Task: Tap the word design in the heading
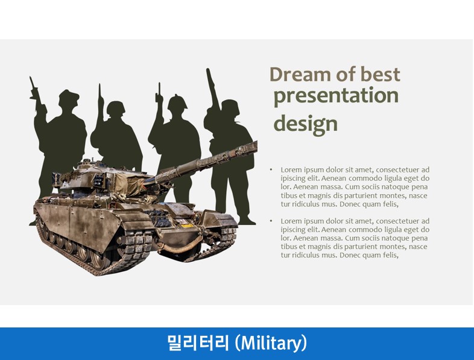tap(305, 124)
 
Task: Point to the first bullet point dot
tap(271, 169)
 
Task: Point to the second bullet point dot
tap(271, 221)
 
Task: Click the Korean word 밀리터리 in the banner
tap(198, 343)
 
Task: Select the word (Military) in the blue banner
tap(271, 343)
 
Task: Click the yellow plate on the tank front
tap(187, 226)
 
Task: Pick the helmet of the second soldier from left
tap(116, 108)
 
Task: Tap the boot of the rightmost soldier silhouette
tap(247, 221)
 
